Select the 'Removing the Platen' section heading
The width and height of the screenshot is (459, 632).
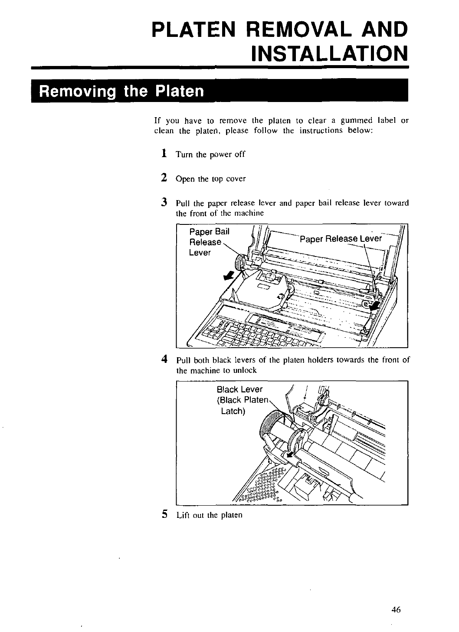(121, 92)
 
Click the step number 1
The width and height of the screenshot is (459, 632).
(164, 154)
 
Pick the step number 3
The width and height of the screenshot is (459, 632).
(164, 202)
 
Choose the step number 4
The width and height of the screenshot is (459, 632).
(164, 359)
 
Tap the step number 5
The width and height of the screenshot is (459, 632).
(164, 514)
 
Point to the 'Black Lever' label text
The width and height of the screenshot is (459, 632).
(239, 389)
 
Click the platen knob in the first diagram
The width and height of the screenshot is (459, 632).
(240, 262)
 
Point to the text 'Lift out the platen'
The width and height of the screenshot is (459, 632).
(209, 515)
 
